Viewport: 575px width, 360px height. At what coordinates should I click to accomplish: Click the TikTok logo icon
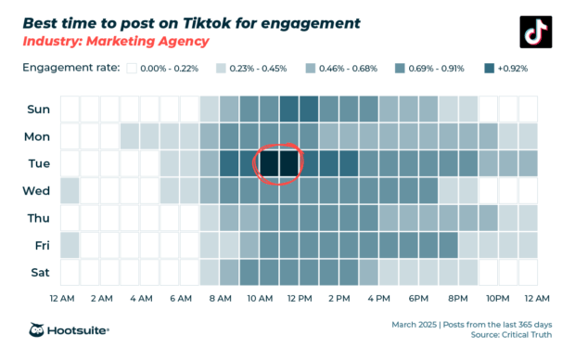coord(534,31)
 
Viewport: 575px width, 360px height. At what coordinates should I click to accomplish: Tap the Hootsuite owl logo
coord(38,330)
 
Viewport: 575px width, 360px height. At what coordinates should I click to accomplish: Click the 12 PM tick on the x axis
coord(299,299)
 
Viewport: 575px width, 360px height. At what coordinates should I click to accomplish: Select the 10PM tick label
coord(496,299)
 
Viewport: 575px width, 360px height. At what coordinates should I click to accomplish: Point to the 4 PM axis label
coord(378,299)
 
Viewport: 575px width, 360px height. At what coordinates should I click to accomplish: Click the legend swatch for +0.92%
coord(490,68)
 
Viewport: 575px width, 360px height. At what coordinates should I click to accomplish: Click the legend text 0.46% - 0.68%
coord(347,68)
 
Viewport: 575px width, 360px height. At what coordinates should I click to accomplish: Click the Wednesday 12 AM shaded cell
coord(70,190)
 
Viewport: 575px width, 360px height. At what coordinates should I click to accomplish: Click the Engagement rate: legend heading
coord(70,68)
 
